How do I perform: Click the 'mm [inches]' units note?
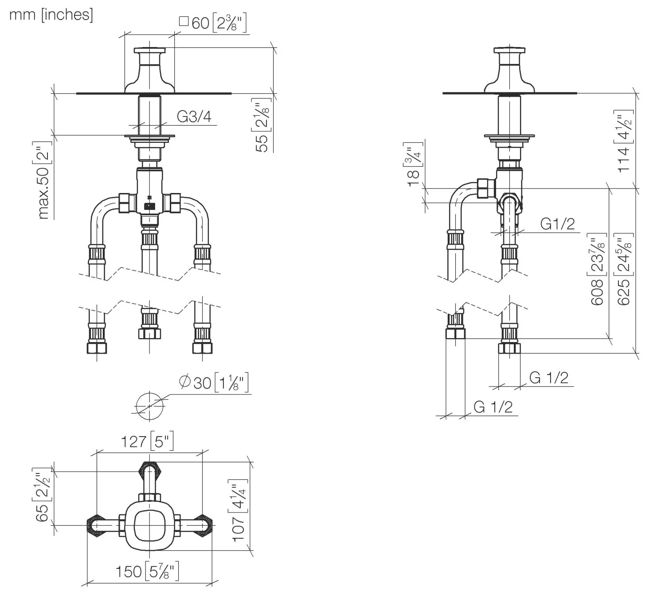pos(51,15)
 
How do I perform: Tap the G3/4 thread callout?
pos(194,117)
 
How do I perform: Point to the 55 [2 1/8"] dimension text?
pos(262,126)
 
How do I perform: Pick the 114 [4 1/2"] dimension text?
pos(624,142)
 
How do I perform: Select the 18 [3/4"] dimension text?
pos(413,165)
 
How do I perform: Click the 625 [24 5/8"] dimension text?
pos(624,269)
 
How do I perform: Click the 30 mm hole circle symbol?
pos(149,406)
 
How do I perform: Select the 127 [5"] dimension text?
pos(147,441)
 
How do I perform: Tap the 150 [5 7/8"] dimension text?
pos(147,571)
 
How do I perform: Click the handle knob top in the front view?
pos(149,51)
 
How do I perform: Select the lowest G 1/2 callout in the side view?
pos(493,407)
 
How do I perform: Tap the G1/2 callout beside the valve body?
pos(558,224)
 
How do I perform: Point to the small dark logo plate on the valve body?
pos(149,206)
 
